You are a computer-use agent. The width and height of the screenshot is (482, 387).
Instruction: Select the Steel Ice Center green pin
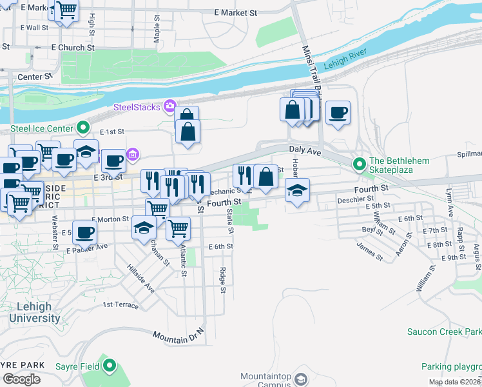pyautogui.click(x=83, y=127)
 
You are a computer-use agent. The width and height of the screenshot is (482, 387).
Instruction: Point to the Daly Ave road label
pyautogui.click(x=305, y=150)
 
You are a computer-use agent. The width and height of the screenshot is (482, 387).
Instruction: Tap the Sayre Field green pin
pyautogui.click(x=110, y=366)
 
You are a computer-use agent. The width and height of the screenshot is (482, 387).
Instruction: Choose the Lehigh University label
pyautogui.click(x=30, y=312)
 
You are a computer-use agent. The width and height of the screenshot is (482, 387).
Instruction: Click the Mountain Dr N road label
pyautogui.click(x=178, y=335)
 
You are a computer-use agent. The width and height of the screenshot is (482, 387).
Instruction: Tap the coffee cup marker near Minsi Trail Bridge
pyautogui.click(x=338, y=113)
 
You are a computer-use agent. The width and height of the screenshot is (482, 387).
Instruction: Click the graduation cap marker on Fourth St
pyautogui.click(x=297, y=190)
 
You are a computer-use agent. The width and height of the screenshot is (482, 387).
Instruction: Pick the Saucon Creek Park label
pyautogui.click(x=444, y=332)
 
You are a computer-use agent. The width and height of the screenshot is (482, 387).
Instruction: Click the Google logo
pyautogui.click(x=21, y=379)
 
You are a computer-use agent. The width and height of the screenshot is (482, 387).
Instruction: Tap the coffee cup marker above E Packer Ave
pyautogui.click(x=84, y=232)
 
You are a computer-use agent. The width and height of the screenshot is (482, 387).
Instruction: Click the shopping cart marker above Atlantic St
pyautogui.click(x=178, y=228)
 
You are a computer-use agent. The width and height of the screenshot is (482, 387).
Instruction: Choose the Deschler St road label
pyautogui.click(x=351, y=199)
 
